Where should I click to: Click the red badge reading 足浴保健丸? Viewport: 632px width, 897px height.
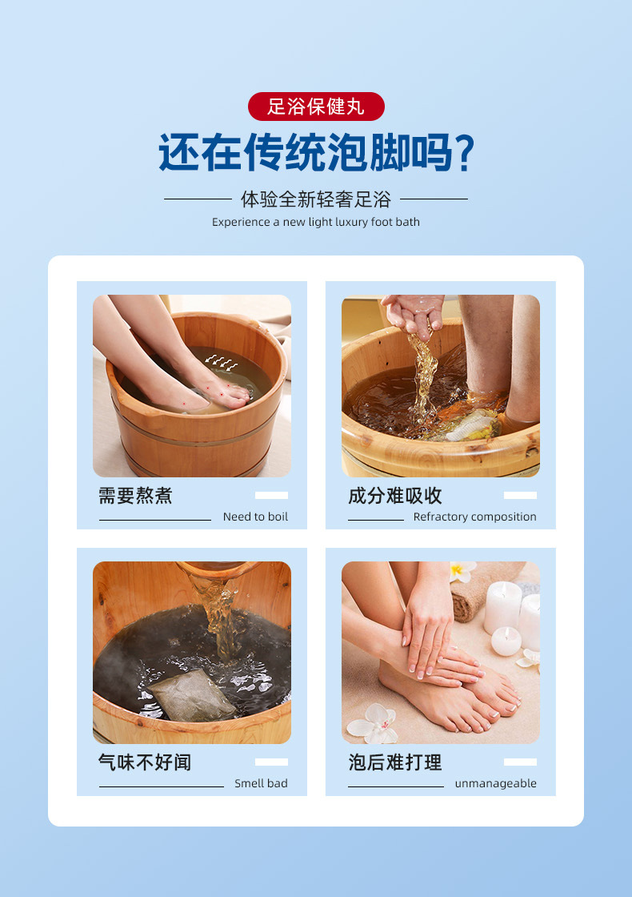pos(316,107)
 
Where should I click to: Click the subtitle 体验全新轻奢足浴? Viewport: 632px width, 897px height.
pos(316,199)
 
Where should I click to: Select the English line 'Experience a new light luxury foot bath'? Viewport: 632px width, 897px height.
pos(316,222)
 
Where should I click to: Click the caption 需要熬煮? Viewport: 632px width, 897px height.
pos(135,496)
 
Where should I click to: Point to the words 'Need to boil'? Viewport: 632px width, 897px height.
pos(255,517)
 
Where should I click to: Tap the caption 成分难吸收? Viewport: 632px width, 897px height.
pos(395,496)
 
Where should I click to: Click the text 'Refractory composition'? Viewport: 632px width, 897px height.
pos(475,517)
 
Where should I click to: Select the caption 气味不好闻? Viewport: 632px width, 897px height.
pos(145,762)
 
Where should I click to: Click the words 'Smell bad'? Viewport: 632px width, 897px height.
pos(261,783)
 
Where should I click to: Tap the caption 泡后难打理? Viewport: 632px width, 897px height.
pos(395,762)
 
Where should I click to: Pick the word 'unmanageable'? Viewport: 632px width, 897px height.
pos(495,783)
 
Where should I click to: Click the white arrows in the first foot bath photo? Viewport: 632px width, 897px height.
pos(221,362)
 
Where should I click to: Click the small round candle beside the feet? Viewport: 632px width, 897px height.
pos(506,641)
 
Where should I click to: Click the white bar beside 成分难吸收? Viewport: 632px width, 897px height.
pos(520,496)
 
